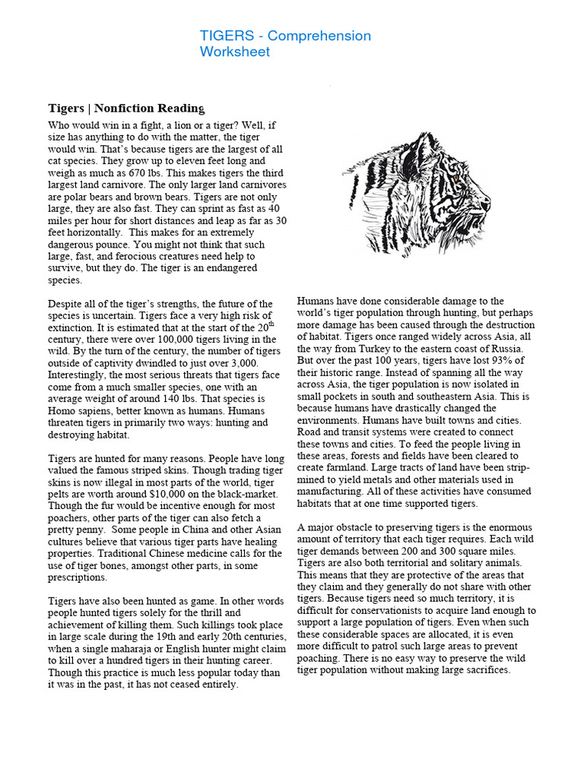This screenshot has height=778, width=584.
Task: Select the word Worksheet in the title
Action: click(235, 52)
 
